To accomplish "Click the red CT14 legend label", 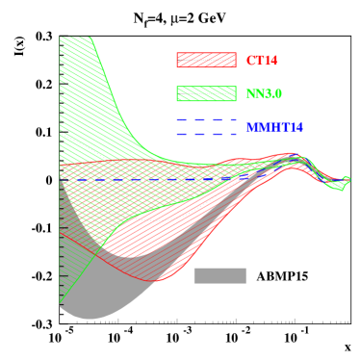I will [261, 61].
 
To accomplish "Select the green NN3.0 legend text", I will [263, 94].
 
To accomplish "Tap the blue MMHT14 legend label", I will [273, 127].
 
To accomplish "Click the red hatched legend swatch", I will [206, 60].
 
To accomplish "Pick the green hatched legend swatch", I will [206, 93].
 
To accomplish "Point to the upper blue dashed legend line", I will [206, 120].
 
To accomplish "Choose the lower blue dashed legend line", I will [206, 134].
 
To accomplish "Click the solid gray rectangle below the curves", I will [219, 275].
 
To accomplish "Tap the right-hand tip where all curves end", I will [347, 179].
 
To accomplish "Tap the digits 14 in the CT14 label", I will [270, 61].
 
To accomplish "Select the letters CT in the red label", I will [253, 61].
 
